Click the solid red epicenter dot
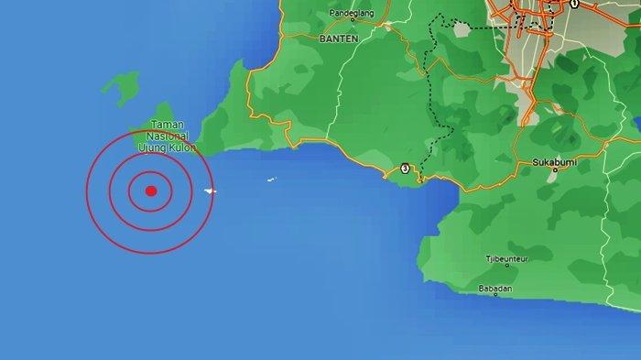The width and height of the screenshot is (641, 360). coord(151,191)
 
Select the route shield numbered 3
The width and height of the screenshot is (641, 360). coord(404,169)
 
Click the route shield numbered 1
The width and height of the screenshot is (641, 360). coord(574,4)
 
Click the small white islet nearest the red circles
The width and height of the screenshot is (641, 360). coord(211,191)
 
